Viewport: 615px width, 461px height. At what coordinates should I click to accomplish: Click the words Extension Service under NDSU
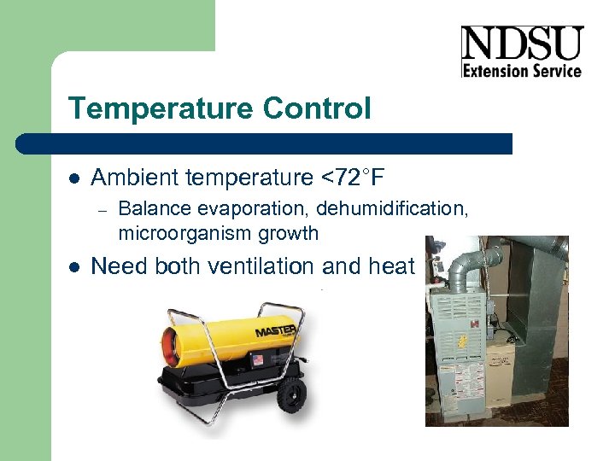[x=521, y=71]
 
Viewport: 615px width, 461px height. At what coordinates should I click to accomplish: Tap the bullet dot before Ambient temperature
[x=74, y=178]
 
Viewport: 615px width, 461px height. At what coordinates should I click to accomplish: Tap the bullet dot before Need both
[x=74, y=267]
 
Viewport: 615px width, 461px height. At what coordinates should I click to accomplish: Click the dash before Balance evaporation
[x=100, y=210]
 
